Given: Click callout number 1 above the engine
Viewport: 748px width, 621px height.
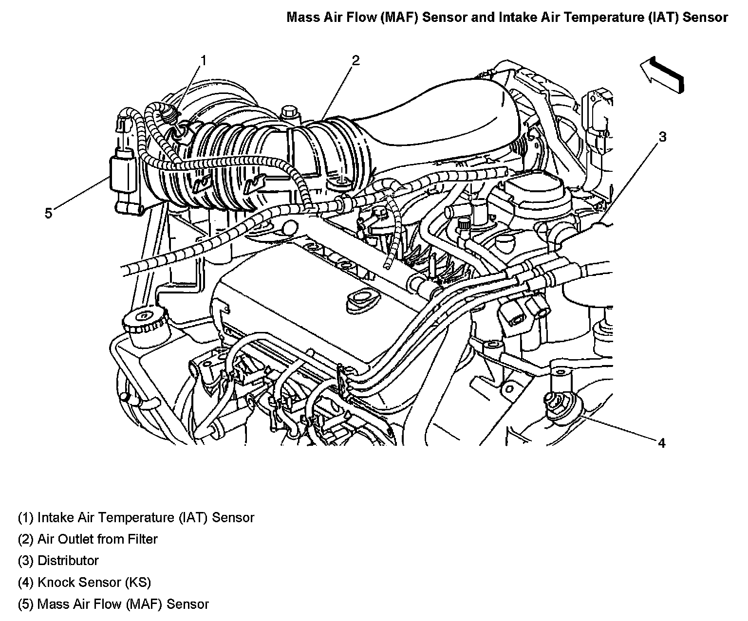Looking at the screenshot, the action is [x=204, y=61].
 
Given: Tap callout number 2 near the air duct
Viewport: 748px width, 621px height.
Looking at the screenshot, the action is [x=355, y=60].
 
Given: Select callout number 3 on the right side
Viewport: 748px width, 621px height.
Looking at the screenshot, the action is [x=662, y=137].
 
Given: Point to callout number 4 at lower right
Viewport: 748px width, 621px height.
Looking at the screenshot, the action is [x=662, y=443].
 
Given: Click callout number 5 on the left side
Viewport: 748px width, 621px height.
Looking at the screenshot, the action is [x=48, y=214].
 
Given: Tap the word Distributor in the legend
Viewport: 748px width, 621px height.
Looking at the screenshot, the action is [x=68, y=561].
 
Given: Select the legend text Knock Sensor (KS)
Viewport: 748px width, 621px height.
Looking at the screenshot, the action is [x=94, y=583].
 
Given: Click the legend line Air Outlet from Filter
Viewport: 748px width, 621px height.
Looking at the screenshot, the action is [x=97, y=539].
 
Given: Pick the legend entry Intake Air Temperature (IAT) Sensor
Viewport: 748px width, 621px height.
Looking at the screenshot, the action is [x=146, y=517].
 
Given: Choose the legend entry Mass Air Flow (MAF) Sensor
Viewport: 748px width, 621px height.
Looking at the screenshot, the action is [x=123, y=604].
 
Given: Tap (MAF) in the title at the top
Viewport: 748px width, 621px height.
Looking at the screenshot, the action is [x=399, y=17].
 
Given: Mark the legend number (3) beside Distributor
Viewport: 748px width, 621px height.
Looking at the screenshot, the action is [x=26, y=561].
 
